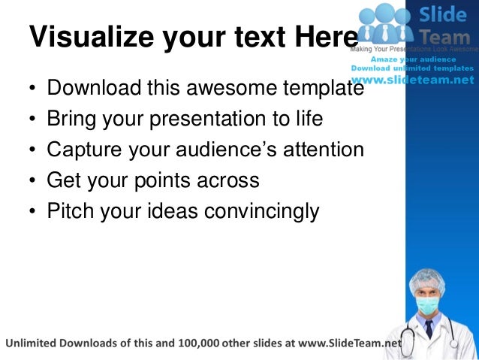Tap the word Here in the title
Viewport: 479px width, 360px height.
(x=324, y=37)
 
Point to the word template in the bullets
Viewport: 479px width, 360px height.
(x=322, y=89)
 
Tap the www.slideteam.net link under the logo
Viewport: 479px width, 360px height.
(x=413, y=80)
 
